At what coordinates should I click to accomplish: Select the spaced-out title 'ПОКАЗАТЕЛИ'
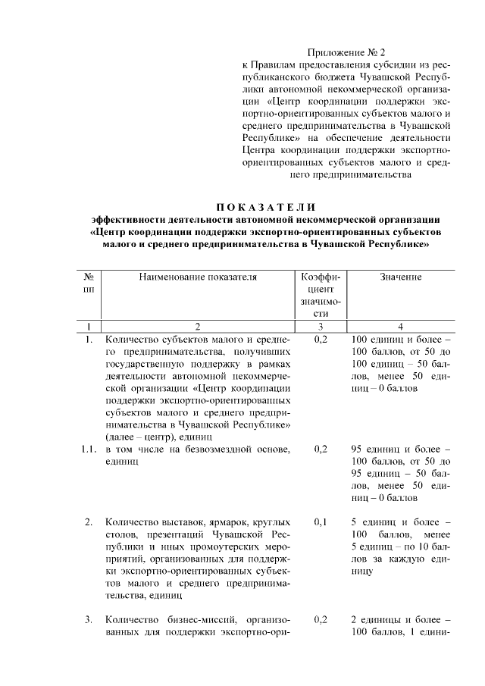[x=264, y=208]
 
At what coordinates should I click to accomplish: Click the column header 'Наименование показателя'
[x=197, y=277]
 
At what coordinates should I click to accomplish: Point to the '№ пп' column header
[x=89, y=284]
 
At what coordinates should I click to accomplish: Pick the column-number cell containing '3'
[x=321, y=327]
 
